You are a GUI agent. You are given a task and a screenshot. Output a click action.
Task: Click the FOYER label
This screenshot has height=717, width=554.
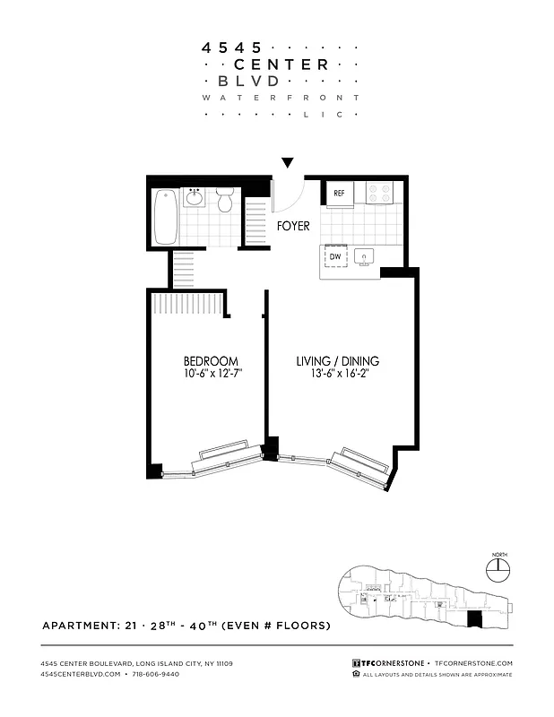coord(293,227)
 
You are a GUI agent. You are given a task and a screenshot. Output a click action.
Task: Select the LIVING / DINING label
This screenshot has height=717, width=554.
coord(337,361)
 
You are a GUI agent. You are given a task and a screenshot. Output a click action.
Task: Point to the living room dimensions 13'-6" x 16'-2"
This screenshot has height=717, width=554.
coord(338,377)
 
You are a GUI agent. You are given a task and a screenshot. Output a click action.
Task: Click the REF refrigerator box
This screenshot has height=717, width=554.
coord(339,193)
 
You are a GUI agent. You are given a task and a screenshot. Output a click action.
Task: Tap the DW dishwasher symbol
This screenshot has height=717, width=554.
coord(335,257)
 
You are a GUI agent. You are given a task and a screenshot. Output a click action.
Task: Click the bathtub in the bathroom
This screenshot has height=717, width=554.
coord(164,216)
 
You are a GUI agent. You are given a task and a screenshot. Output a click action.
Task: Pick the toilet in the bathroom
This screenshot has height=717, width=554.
coord(225,201)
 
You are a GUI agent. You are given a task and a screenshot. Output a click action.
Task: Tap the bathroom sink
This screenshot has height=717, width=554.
coord(195,197)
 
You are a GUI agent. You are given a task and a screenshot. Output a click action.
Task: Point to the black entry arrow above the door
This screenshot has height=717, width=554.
coord(287,162)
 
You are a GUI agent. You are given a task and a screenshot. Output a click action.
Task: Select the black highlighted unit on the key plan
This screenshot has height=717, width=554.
coord(475,619)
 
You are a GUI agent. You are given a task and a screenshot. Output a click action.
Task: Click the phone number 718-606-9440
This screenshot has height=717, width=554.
coord(156,674)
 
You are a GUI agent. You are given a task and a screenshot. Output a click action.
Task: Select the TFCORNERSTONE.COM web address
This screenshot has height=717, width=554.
coord(472,663)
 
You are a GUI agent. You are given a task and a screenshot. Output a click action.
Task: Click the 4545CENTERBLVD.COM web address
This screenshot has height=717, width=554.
coord(81,674)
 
